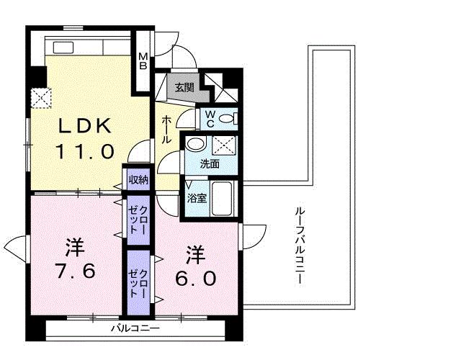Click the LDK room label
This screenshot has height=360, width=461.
click(85, 127)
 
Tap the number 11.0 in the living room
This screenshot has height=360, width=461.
click(85, 152)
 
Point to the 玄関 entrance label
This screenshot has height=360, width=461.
click(184, 88)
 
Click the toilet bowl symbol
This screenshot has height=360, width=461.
click(227, 119)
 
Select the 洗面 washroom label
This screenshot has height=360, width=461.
click(210, 163)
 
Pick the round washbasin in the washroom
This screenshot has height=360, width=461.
click(193, 144)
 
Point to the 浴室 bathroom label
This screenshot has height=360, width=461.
click(197, 197)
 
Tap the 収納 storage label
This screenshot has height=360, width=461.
click(138, 180)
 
